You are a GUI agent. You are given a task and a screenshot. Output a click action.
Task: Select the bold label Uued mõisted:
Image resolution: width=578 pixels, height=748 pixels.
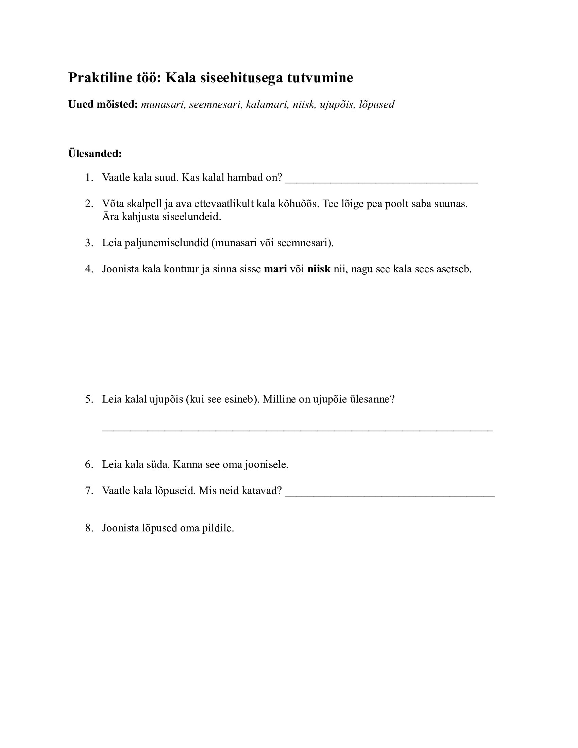(x=103, y=104)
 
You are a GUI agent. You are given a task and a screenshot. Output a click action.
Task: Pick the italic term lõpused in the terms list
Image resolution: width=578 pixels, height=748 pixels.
(x=377, y=104)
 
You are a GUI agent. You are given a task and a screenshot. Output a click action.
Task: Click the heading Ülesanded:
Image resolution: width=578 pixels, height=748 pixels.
(x=95, y=153)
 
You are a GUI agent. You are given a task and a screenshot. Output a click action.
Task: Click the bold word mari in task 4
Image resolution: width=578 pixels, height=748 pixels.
(x=275, y=269)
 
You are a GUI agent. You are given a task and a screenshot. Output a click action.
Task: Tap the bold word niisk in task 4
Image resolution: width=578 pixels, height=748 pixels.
(x=319, y=269)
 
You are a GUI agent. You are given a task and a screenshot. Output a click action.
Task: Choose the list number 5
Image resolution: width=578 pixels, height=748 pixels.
(x=89, y=400)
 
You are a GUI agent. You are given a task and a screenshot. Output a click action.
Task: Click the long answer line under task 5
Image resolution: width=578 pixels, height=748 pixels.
(x=297, y=429)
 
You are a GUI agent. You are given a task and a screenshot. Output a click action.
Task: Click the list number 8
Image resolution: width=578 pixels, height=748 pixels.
(x=89, y=528)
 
